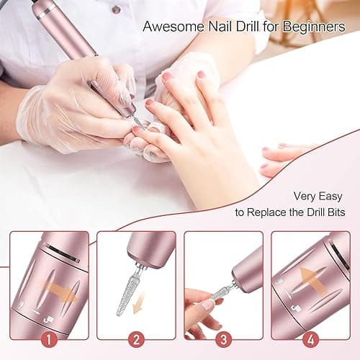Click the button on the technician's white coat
(x=116, y=9)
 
